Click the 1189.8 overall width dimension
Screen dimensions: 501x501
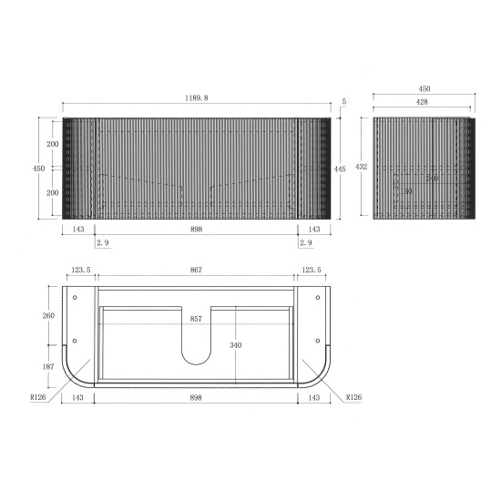(x=196, y=97)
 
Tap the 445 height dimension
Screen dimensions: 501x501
(x=339, y=168)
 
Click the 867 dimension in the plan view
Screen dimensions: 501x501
(x=196, y=271)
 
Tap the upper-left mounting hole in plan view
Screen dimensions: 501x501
(x=75, y=297)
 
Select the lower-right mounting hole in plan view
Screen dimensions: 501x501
(x=317, y=341)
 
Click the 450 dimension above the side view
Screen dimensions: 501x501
(x=424, y=89)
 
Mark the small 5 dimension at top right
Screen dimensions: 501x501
(x=344, y=102)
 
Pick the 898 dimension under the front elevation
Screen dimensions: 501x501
(x=196, y=230)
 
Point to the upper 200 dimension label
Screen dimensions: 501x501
(x=54, y=145)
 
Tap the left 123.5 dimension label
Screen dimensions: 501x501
(x=80, y=271)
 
